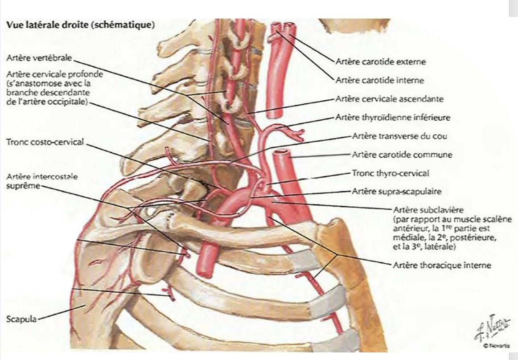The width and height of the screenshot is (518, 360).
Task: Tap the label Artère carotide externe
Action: [x=380, y=62]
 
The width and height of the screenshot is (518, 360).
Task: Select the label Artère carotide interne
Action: [x=379, y=81]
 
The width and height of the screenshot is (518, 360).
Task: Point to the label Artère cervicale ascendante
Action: [x=389, y=99]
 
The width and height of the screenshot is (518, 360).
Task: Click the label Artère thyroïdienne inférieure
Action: [x=392, y=118]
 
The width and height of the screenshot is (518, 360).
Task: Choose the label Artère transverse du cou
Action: [x=399, y=136]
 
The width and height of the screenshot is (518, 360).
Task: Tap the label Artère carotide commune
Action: [x=402, y=155]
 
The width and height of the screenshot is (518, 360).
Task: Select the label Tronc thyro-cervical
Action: [x=391, y=173]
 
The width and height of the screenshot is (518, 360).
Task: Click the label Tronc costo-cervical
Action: [x=45, y=142]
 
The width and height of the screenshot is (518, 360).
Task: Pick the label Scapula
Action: [x=21, y=319]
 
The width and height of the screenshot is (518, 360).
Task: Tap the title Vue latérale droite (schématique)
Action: [x=80, y=25]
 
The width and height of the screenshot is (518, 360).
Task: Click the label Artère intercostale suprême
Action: [x=41, y=180]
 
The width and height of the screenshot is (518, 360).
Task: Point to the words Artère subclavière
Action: [x=423, y=209]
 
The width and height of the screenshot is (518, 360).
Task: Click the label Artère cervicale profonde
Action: [x=54, y=74]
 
